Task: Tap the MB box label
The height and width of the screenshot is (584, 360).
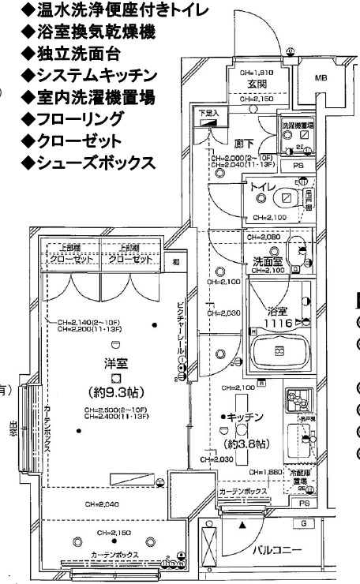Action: [x=321, y=79]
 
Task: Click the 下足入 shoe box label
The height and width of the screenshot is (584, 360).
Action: [x=208, y=114]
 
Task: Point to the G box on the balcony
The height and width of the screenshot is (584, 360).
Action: [x=303, y=522]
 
